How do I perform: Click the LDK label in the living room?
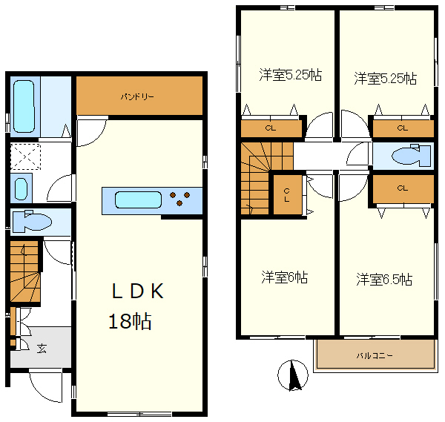138,291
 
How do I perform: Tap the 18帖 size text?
130,321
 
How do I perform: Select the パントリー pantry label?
137,97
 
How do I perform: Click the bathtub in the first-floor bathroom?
24,106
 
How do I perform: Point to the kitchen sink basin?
138,200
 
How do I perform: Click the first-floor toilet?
33,221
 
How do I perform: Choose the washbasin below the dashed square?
21,188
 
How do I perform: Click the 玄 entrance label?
42,349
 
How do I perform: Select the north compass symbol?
293,375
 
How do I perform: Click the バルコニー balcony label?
375,355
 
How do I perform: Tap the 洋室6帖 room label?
284,277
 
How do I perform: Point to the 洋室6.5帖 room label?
384,280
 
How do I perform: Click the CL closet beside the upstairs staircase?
288,194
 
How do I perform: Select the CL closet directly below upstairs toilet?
403,188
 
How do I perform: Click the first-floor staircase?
25,271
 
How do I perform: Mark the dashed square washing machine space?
25,156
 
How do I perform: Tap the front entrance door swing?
45,386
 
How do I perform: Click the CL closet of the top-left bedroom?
271,128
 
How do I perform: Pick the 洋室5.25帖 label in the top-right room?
386,79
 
